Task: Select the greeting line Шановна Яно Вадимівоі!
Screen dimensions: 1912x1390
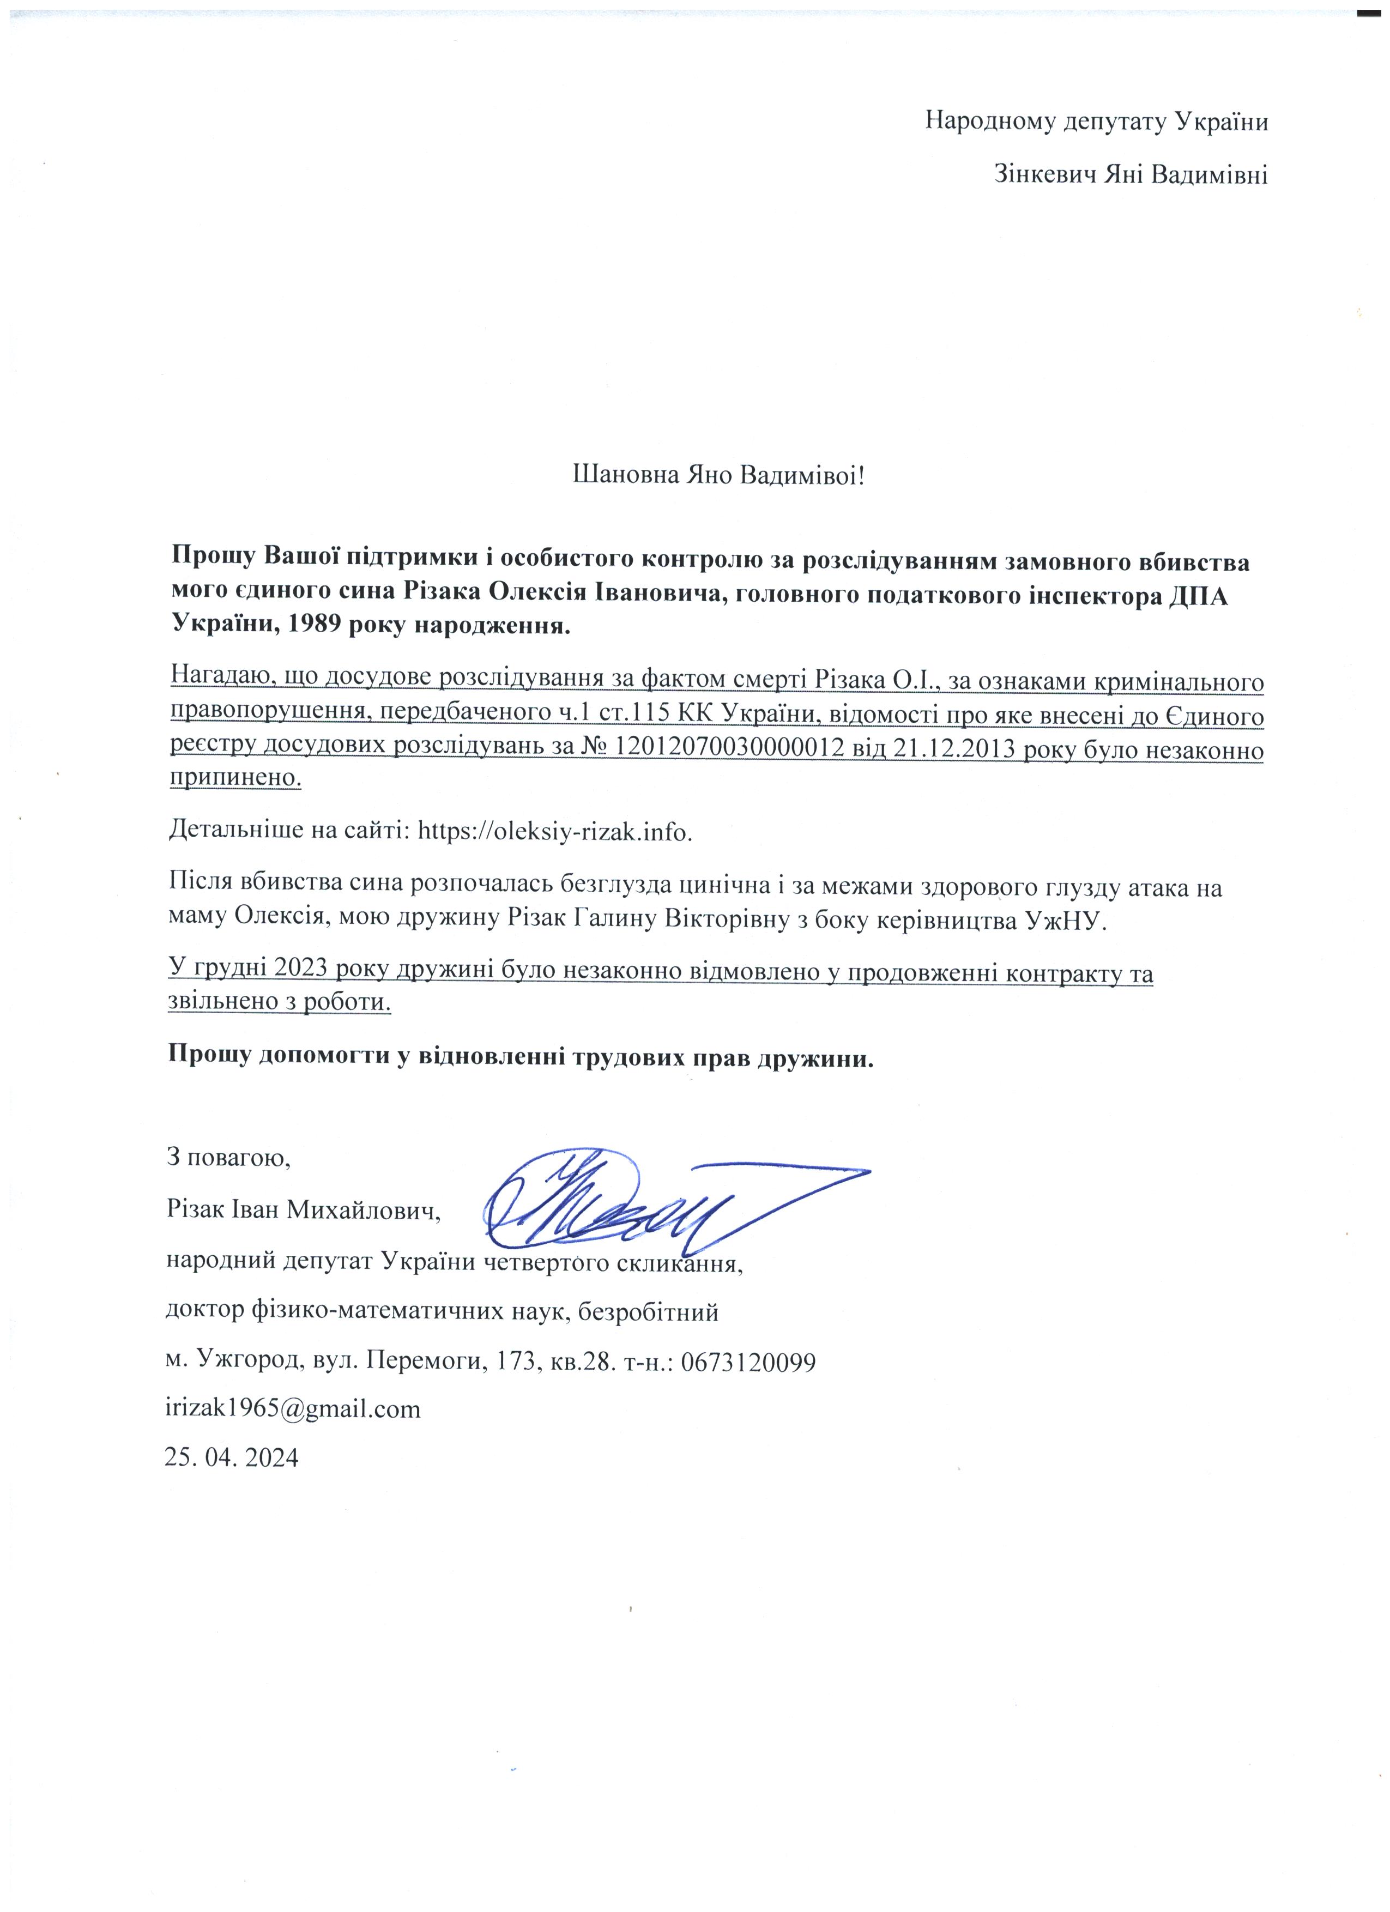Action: coord(719,475)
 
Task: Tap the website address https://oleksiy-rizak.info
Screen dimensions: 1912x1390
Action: coord(555,831)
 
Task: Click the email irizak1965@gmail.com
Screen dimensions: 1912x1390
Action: coord(293,1409)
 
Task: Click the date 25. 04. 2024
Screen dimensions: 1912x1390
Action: coord(232,1457)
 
